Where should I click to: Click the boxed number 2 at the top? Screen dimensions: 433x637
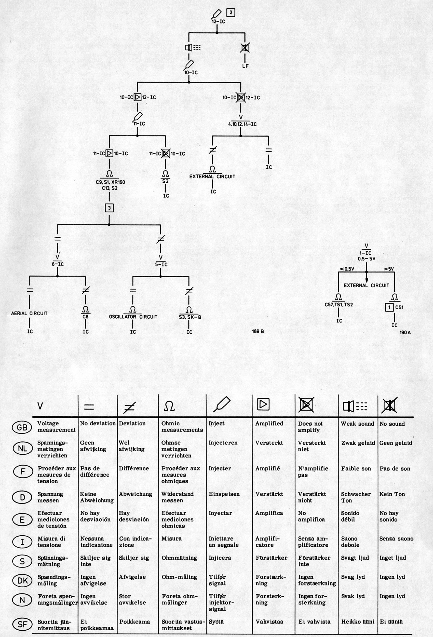pos(231,13)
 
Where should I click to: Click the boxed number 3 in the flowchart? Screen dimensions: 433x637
pos(109,208)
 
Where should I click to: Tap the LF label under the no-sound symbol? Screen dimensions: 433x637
pos(245,66)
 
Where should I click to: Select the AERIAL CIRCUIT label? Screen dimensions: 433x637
pos(29,313)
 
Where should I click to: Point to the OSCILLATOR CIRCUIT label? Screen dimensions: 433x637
pos(133,317)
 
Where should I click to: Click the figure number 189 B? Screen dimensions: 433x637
pos(258,331)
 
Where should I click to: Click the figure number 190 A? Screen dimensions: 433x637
pos(405,332)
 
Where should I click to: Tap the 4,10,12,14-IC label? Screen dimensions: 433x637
pos(242,125)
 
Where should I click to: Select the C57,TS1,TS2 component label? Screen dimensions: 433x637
pos(339,305)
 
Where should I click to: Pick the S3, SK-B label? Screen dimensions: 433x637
pos(190,317)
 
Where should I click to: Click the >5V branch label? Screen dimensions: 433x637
pos(389,269)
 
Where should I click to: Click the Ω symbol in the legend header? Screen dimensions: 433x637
pos(169,406)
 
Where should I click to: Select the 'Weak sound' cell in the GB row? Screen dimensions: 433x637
pos(357,424)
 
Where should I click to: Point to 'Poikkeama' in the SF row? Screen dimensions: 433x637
pos(134,622)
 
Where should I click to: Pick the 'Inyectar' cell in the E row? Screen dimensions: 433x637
pos(220,513)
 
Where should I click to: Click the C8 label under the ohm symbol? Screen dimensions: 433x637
pos(86,317)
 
